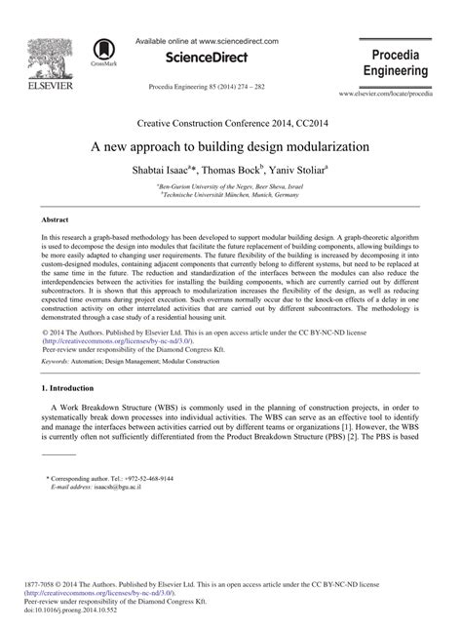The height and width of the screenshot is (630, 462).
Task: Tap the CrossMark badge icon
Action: tap(101, 53)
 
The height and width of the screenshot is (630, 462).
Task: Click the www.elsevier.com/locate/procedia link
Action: tap(398, 94)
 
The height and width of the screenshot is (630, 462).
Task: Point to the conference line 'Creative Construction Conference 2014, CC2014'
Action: tap(231, 124)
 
